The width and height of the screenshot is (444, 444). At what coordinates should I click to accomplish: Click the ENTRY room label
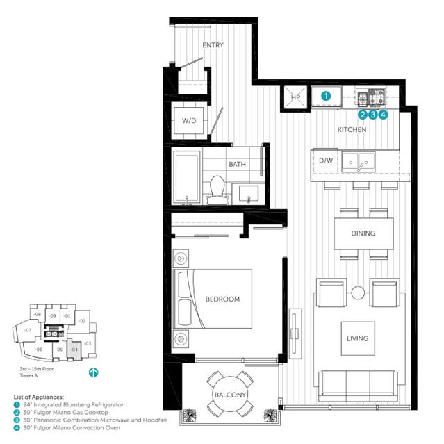coord(213,45)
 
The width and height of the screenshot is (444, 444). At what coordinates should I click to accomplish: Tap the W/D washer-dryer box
coord(189,121)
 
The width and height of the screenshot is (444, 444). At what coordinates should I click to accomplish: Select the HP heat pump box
coord(295,97)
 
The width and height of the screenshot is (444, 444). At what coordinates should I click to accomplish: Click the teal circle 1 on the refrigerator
coord(326,97)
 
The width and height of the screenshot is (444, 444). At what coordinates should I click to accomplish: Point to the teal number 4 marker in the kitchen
coord(383,115)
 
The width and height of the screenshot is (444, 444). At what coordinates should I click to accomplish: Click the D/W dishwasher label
coord(326,161)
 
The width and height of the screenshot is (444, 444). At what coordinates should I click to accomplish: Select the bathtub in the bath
coord(187,177)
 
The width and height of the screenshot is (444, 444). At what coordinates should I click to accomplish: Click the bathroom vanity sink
coord(249,194)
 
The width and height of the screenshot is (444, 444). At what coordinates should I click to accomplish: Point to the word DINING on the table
coord(363,233)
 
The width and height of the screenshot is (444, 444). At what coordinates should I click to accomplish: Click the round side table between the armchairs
coord(358,293)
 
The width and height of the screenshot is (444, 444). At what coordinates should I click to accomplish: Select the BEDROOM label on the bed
coord(222,299)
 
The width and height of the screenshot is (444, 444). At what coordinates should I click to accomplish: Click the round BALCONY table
coord(230,393)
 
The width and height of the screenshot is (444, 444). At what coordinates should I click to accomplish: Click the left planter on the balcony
coord(188,416)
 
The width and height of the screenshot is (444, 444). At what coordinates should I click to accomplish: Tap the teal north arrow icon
coord(93,372)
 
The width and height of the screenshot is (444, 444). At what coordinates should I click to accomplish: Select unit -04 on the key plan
coord(74,350)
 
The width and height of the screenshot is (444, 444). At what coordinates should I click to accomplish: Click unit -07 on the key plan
coord(28,330)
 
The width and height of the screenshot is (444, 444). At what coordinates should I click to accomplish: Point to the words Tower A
coord(28,375)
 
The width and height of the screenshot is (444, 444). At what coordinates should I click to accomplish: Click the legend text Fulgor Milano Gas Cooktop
coord(70,412)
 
